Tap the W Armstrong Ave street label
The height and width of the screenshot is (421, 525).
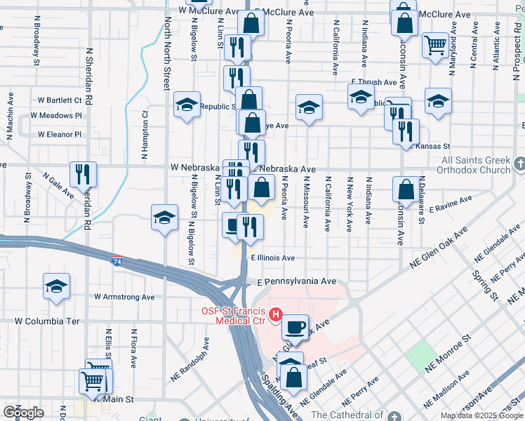[124, 297]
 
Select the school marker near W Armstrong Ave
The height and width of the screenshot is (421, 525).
[55, 286]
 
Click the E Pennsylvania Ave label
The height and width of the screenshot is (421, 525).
[296, 281]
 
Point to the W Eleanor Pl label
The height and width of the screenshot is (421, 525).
[60, 134]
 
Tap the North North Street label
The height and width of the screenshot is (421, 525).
[167, 55]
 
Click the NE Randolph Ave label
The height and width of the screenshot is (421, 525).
[191, 359]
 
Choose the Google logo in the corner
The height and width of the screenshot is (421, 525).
[24, 413]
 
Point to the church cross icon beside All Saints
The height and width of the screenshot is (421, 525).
[519, 163]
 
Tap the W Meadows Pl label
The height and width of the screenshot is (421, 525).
[60, 115]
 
